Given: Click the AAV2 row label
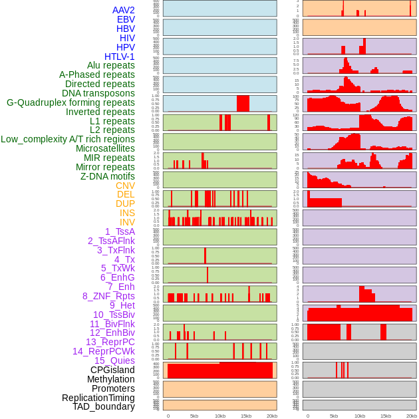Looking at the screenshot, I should pyautogui.click(x=123, y=10).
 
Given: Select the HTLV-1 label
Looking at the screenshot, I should pyautogui.click(x=119, y=57).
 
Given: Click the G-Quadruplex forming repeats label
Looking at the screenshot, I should pyautogui.click(x=70, y=102).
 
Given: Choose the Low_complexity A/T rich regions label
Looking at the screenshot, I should pyautogui.click(x=68, y=139).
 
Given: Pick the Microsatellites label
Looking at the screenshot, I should pyautogui.click(x=105, y=148).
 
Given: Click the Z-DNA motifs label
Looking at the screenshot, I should pyautogui.click(x=107, y=176).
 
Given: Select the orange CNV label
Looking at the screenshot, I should pyautogui.click(x=125, y=186).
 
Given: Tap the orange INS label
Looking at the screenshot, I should pyautogui.click(x=127, y=213).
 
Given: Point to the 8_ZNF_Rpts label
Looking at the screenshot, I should pyautogui.click(x=108, y=296).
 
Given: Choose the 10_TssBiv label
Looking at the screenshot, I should pyautogui.click(x=114, y=315).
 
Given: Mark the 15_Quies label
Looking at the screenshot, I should pyautogui.click(x=114, y=360).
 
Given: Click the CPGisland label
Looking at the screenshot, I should pyautogui.click(x=112, y=370).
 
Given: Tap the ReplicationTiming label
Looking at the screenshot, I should pyautogui.click(x=98, y=398).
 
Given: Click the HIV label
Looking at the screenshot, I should pyautogui.click(x=127, y=38).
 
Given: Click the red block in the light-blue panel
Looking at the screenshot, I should pyautogui.click(x=243, y=103).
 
